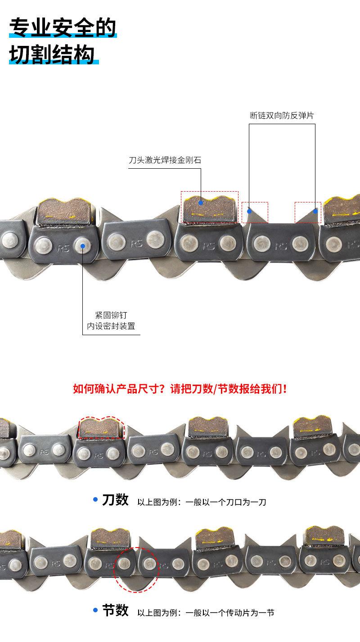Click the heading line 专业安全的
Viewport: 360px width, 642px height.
click(x=63, y=27)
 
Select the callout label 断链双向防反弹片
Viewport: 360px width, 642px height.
click(x=282, y=116)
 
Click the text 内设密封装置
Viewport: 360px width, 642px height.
click(x=111, y=326)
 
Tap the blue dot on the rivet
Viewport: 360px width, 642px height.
click(x=82, y=246)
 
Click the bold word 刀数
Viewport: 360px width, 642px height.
click(x=115, y=500)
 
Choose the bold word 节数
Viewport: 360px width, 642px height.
click(x=115, y=611)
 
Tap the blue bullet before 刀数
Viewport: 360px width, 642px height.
click(x=95, y=499)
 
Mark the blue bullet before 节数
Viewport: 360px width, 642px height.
click(x=95, y=610)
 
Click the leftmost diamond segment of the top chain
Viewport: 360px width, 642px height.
click(x=64, y=212)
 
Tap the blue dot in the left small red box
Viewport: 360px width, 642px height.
click(x=249, y=211)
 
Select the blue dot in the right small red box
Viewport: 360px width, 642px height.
click(x=315, y=211)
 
